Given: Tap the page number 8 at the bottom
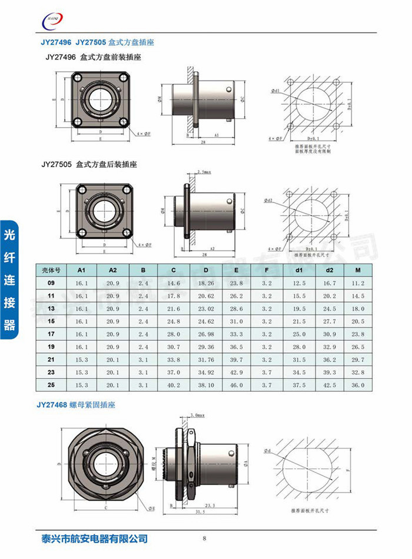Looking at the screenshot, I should pos(204,538).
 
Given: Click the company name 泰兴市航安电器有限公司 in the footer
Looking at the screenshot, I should pos(91,538).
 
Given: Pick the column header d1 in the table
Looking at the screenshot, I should pos(299,269).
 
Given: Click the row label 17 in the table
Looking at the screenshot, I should pos(51,334).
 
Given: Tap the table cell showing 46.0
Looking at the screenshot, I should pos(236,385).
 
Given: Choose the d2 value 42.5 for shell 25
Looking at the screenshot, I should pos(329,385).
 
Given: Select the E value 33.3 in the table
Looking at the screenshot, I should pos(236,334).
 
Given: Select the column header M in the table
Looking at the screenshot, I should pos(358,269).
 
